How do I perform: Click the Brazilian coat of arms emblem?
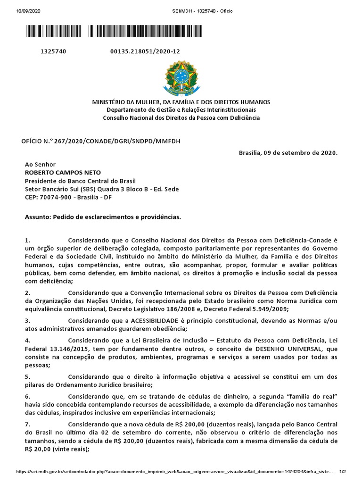click(181, 78)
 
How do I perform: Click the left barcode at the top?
click(53, 32)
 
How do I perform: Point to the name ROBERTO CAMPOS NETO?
click(63, 172)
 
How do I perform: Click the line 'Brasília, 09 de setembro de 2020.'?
click(288, 153)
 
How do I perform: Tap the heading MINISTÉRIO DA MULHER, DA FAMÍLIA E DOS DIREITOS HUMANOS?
click(181, 102)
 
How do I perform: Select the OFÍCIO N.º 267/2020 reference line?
click(101, 141)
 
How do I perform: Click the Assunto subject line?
click(103, 217)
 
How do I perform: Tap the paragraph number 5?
click(28, 376)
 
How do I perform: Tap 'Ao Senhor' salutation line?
click(40, 164)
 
